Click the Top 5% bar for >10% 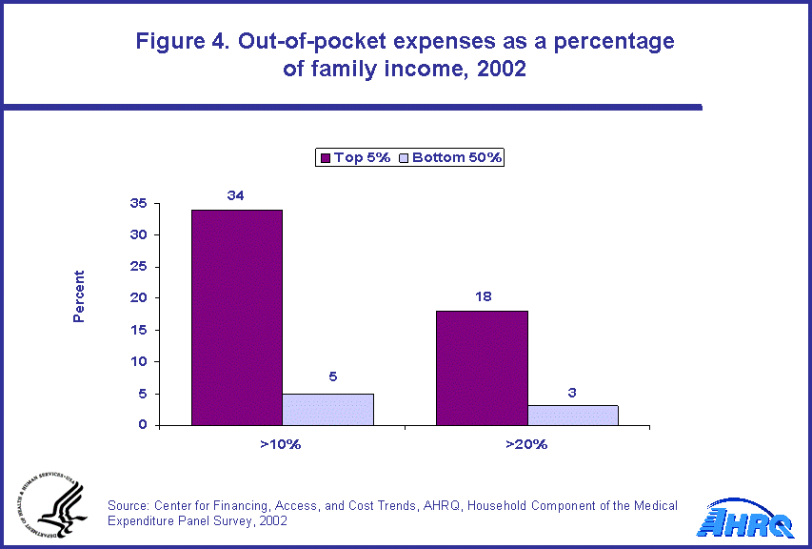click(237, 317)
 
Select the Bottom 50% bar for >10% click(327, 409)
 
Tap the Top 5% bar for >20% click(482, 368)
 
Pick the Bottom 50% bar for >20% click(573, 415)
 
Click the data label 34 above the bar click(236, 195)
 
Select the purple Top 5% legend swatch click(324, 157)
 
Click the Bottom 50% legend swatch click(403, 157)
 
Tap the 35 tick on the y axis click(138, 203)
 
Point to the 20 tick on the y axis click(138, 298)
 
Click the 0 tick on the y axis click(142, 425)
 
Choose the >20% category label click(526, 443)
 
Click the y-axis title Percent click(79, 295)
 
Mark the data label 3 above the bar click(573, 391)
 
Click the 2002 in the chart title click(501, 70)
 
